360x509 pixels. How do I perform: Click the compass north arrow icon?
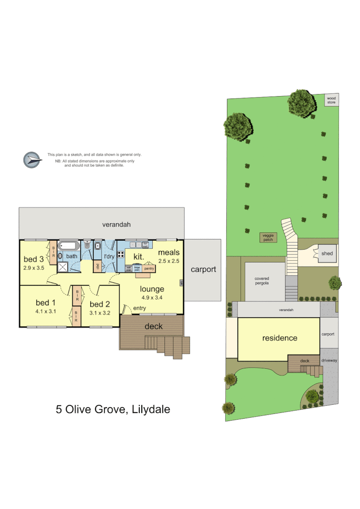pyautogui.click(x=32, y=159)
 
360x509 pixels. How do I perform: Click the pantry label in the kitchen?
pyautogui.click(x=149, y=268)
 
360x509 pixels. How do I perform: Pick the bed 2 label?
pyautogui.click(x=100, y=304)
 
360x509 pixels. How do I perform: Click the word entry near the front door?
pyautogui.click(x=139, y=308)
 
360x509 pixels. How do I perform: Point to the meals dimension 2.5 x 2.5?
pyautogui.click(x=169, y=261)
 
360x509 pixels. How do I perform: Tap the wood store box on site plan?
pyautogui.click(x=332, y=100)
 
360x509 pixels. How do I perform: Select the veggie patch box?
pyautogui.click(x=267, y=237)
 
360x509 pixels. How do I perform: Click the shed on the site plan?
pyautogui.click(x=327, y=254)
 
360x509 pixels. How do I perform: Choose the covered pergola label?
pyautogui.click(x=262, y=281)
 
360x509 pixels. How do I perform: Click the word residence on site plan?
pyautogui.click(x=279, y=338)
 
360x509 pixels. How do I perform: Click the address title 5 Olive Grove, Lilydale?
pyautogui.click(x=113, y=410)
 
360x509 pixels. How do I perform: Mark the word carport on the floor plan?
pyautogui.click(x=203, y=269)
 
